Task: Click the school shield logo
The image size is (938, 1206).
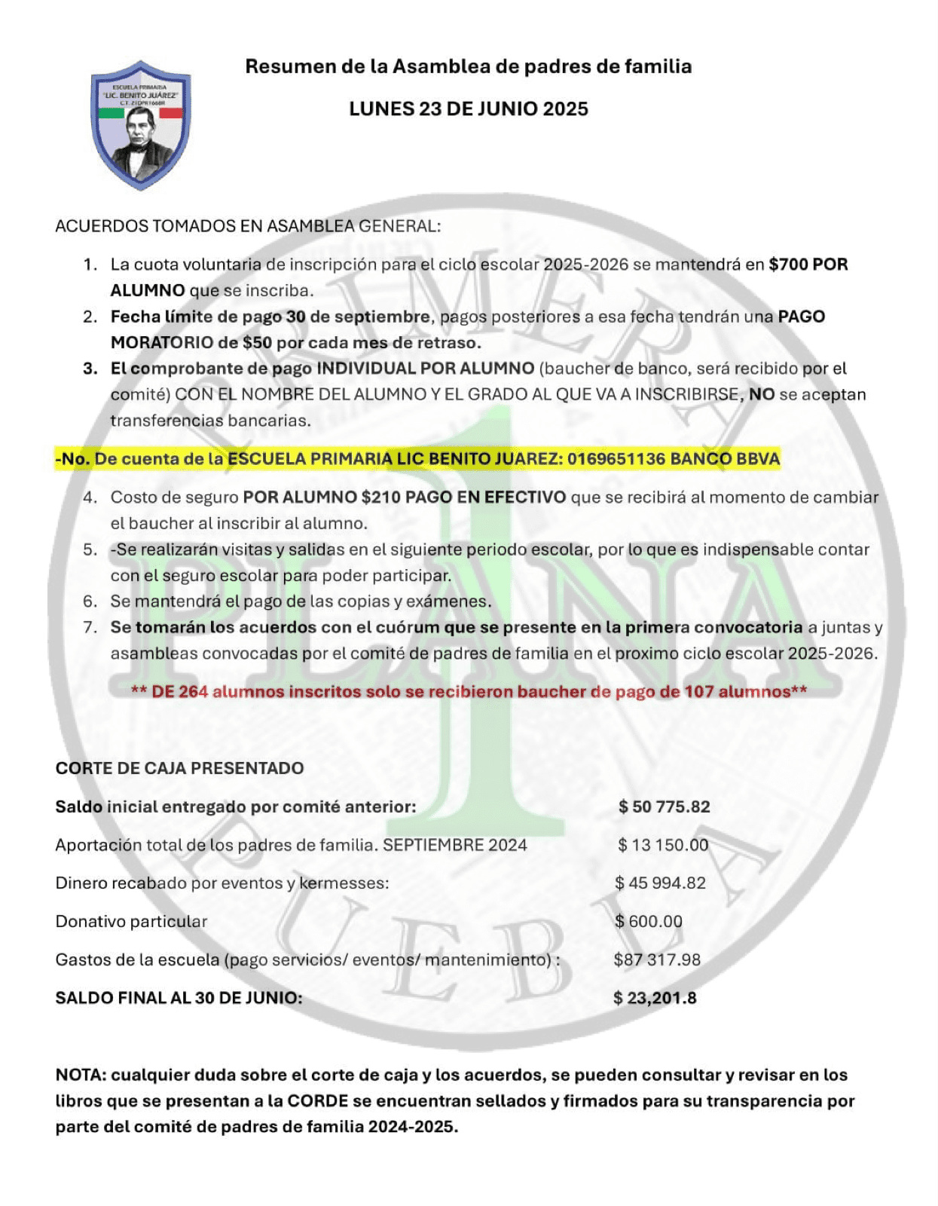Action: click(141, 124)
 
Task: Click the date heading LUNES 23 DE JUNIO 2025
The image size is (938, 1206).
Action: click(468, 109)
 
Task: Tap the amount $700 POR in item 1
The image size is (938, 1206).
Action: click(808, 265)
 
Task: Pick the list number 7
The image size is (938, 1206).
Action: click(90, 627)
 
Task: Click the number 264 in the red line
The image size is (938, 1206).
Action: click(193, 692)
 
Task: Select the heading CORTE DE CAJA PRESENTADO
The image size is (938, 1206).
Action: click(179, 768)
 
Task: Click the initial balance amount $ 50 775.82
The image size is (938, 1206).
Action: click(664, 807)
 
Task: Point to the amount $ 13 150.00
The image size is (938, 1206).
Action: click(663, 845)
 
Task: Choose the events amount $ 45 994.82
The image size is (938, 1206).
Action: click(661, 883)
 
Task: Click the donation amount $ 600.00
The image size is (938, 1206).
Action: click(649, 922)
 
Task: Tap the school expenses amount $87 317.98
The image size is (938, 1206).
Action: click(657, 960)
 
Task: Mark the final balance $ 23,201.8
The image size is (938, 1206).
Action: click(655, 999)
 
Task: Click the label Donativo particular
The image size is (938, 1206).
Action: click(131, 922)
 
